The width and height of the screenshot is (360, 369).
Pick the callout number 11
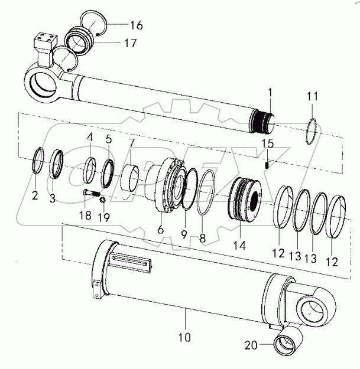coord(312,96)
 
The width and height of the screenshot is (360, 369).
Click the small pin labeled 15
coord(268,165)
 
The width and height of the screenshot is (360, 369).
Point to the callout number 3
coord(52,199)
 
